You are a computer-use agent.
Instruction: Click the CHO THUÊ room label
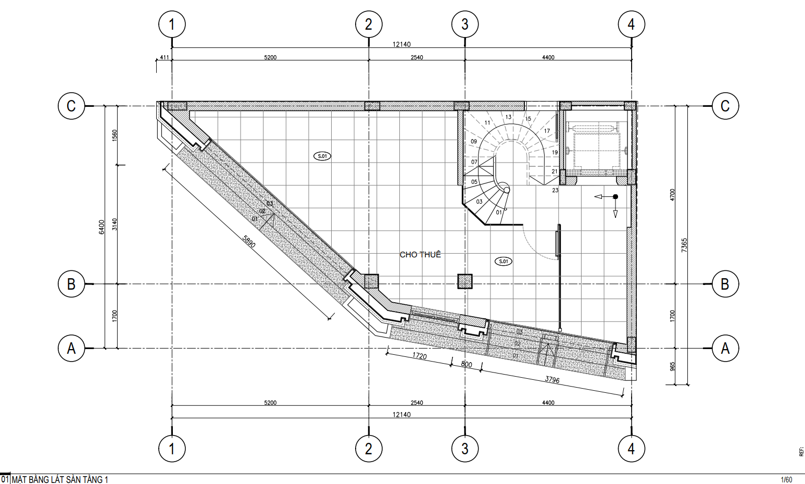[420, 255]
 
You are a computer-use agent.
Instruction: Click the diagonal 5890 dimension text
[249, 242]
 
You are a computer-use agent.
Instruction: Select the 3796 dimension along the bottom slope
[552, 379]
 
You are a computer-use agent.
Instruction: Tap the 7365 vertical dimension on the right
[684, 245]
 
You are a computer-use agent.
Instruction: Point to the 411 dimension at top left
[164, 57]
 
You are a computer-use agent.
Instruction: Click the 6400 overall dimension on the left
[102, 227]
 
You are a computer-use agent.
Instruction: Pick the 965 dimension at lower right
[672, 366]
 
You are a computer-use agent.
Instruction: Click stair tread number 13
[508, 117]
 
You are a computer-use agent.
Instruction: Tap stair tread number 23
[555, 190]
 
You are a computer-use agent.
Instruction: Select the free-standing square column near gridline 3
[464, 281]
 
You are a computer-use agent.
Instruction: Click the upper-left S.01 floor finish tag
[322, 156]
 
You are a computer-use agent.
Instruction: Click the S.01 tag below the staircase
[504, 262]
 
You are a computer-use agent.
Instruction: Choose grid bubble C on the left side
[71, 106]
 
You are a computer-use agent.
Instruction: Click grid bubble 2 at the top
[369, 24]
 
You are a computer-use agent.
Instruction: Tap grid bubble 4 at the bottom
[632, 449]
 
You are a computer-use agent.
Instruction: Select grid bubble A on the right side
[725, 349]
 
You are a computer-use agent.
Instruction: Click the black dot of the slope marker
[615, 197]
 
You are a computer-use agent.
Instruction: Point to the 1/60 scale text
[787, 480]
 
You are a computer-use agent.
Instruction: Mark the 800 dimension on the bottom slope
[467, 364]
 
